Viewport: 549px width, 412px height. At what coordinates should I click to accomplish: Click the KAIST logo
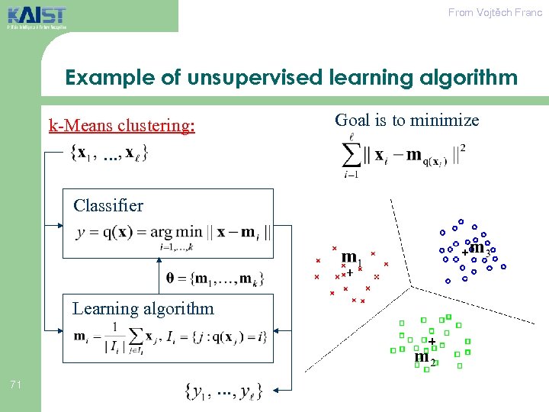[x=37, y=16]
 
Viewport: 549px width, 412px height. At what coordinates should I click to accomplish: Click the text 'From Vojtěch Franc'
[x=495, y=12]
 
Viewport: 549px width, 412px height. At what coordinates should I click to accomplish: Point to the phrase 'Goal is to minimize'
[x=407, y=120]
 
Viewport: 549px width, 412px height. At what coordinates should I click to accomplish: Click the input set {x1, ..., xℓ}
[x=109, y=153]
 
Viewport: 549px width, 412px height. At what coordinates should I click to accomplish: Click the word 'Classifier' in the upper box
[x=108, y=205]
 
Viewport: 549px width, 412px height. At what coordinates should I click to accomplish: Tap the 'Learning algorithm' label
[x=143, y=308]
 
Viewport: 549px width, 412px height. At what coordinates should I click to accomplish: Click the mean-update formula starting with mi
[x=169, y=336]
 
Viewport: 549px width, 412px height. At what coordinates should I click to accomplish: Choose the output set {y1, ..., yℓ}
[x=224, y=391]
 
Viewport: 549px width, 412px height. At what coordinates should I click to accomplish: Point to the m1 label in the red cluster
[x=352, y=259]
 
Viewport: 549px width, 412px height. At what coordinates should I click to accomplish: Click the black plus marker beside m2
[x=432, y=341]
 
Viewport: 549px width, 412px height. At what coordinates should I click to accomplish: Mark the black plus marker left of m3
[x=465, y=251]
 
